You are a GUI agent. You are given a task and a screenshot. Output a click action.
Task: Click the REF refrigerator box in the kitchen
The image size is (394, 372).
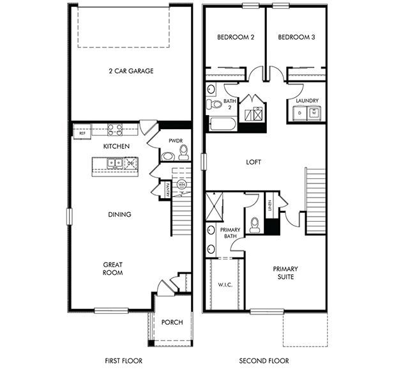(82, 134)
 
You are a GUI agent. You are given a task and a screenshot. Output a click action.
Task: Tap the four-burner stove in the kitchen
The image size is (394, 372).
(115, 130)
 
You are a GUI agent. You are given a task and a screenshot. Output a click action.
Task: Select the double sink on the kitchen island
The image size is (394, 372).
(116, 164)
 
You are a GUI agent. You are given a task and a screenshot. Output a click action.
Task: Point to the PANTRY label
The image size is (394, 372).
(167, 189)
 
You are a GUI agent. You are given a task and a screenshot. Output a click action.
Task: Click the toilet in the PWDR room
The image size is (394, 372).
(183, 153)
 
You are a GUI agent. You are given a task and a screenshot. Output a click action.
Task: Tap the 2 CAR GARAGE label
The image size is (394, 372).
(130, 71)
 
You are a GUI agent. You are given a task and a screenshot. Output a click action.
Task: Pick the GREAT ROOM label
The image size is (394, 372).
(113, 268)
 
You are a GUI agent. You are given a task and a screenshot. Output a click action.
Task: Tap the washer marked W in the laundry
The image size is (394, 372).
(314, 112)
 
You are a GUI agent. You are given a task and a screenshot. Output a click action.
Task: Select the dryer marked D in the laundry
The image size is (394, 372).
(299, 112)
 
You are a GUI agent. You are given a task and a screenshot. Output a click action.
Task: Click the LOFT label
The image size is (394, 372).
(254, 162)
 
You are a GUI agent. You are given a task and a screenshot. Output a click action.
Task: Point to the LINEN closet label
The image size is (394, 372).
(270, 206)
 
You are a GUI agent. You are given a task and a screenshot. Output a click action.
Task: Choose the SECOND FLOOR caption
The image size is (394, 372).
(264, 361)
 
